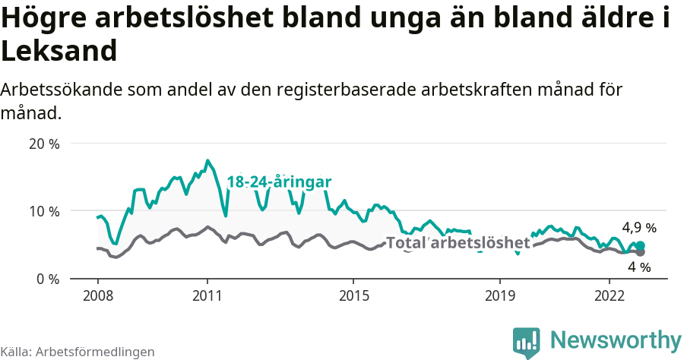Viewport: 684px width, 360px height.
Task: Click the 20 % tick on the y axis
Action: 44,144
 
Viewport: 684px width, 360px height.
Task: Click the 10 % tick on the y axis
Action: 44,211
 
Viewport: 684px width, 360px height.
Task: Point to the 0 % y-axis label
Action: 47,279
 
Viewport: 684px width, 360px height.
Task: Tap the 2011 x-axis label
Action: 207,295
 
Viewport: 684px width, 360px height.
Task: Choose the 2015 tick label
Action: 353,295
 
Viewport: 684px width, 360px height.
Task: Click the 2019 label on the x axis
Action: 499,295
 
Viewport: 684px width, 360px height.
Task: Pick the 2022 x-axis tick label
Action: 609,295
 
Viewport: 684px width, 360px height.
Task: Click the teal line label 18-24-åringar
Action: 279,182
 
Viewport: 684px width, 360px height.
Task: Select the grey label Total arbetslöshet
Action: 458,243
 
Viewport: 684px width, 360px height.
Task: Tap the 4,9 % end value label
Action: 638,227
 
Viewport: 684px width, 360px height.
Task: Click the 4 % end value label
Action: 639,267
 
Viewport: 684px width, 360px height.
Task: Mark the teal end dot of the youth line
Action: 640,245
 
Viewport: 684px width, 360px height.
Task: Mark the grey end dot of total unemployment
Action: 640,252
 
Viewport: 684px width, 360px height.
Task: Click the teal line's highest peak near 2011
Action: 207,160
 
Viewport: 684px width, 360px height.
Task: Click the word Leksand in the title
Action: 59,51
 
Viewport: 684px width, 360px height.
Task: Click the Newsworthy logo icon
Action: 526,342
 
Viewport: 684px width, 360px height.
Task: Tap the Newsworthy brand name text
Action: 616,339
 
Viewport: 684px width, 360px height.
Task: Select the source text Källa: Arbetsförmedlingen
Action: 78,352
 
